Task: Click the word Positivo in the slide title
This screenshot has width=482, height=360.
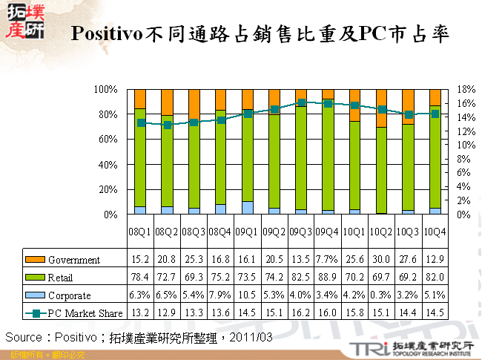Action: click(x=107, y=34)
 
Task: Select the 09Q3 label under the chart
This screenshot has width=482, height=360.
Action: click(x=302, y=232)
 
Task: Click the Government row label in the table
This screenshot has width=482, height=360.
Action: click(x=73, y=260)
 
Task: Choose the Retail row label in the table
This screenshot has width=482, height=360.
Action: click(x=62, y=278)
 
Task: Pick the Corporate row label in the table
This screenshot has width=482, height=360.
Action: click(x=69, y=295)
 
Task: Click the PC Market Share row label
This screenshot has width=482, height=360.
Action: click(x=82, y=312)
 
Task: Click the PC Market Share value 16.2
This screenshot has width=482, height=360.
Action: click(x=301, y=312)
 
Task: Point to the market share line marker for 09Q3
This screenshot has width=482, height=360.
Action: click(x=301, y=103)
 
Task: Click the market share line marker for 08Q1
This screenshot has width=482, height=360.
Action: click(x=140, y=122)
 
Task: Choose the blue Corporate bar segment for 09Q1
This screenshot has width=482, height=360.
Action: click(x=248, y=208)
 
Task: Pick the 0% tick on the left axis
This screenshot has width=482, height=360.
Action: click(x=108, y=215)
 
